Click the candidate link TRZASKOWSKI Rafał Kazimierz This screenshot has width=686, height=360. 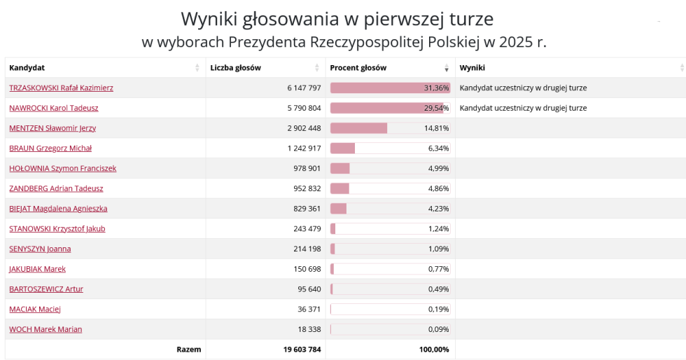(x=61, y=88)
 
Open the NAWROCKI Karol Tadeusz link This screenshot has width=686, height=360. (x=54, y=108)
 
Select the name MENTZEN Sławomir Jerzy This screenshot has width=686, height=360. (x=52, y=128)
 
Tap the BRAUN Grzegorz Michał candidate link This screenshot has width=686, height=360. (x=50, y=148)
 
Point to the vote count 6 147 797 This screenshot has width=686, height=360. (x=304, y=88)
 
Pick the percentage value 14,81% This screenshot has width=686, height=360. (x=436, y=128)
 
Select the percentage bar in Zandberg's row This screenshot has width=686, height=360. (x=340, y=188)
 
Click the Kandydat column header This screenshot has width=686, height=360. (x=27, y=68)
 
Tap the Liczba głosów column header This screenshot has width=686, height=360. (x=235, y=68)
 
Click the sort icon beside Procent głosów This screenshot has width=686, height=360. (x=447, y=69)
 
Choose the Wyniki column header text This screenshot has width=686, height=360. (x=472, y=68)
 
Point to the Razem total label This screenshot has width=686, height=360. (x=189, y=349)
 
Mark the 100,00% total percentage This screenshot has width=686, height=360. (x=434, y=349)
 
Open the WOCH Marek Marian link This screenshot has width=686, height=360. (x=45, y=329)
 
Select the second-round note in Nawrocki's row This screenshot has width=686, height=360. (x=523, y=108)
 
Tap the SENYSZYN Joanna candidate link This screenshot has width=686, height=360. (x=40, y=249)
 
